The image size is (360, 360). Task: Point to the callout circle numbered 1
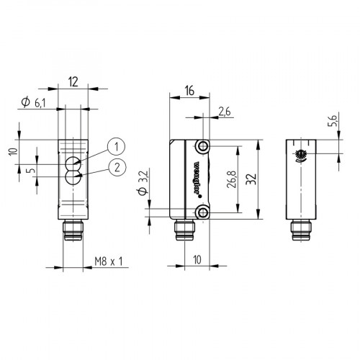point(114,147)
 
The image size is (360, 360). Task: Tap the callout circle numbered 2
point(114,168)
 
